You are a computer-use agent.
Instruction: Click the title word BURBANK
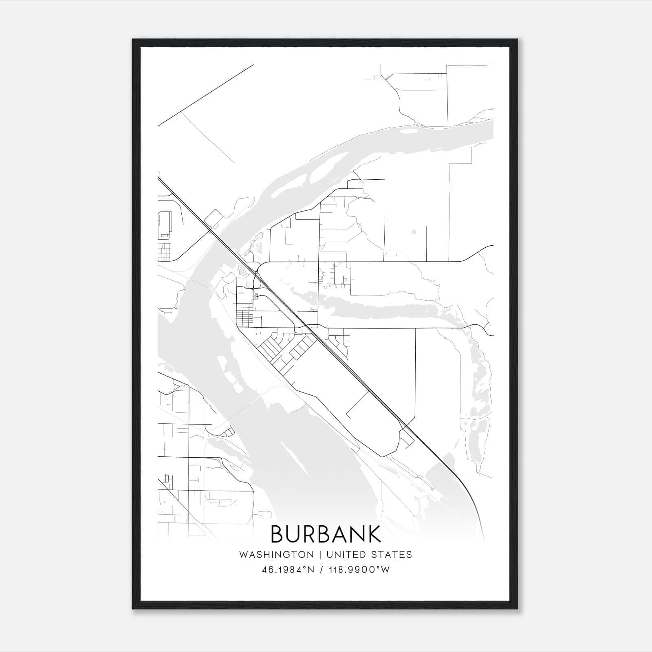click(x=326, y=534)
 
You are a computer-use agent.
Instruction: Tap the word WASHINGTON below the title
click(x=276, y=555)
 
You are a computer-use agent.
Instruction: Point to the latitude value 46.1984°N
click(x=288, y=570)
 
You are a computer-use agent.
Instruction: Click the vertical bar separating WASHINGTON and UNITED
click(x=319, y=555)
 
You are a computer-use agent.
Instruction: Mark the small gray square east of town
click(x=414, y=232)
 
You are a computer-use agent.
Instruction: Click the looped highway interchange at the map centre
click(x=256, y=281)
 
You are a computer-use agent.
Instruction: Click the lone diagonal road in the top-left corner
click(x=206, y=95)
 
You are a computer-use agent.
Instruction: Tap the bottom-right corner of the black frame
click(x=518, y=609)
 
